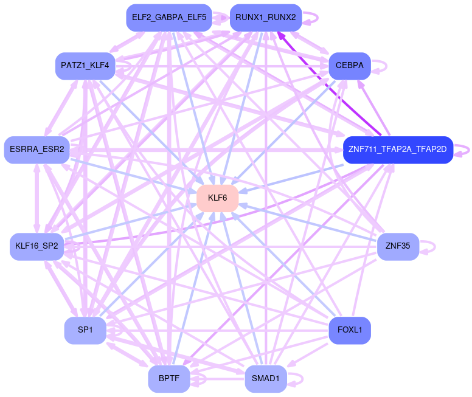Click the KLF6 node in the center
pos(217,198)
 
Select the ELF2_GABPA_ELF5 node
pos(168,18)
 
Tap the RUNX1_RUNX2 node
pos(265,18)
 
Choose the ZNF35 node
pos(398,246)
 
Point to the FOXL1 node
pos(350,331)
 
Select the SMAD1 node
pos(265,379)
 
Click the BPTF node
pos(168,379)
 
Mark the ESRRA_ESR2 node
pos(37,150)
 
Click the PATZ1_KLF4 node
pos(85,66)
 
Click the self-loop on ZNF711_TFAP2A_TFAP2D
pos(468,150)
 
